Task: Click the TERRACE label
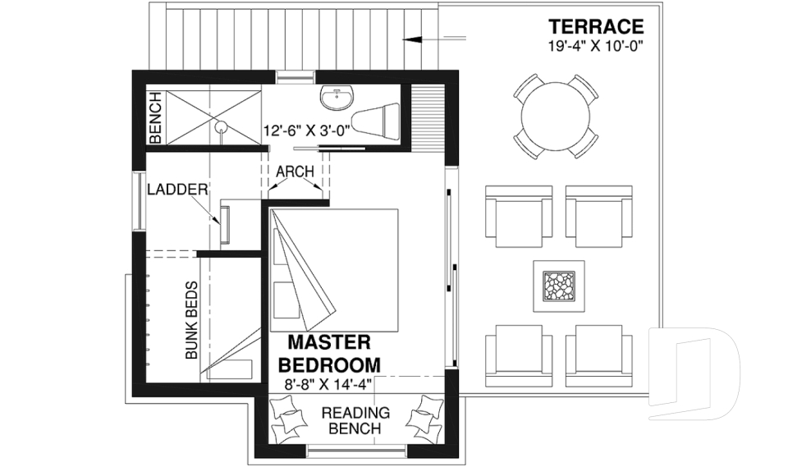tap(596, 27)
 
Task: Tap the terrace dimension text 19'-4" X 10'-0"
tap(596, 46)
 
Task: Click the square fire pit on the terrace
tap(558, 285)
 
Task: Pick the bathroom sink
tap(337, 98)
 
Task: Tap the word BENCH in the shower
tap(156, 115)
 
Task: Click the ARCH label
tap(293, 172)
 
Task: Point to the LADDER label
tap(176, 190)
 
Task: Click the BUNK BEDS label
tap(190, 321)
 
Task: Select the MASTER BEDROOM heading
tap(329, 353)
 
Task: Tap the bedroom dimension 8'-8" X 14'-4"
tap(329, 382)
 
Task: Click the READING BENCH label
tap(355, 420)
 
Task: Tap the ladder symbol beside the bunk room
tap(224, 224)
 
